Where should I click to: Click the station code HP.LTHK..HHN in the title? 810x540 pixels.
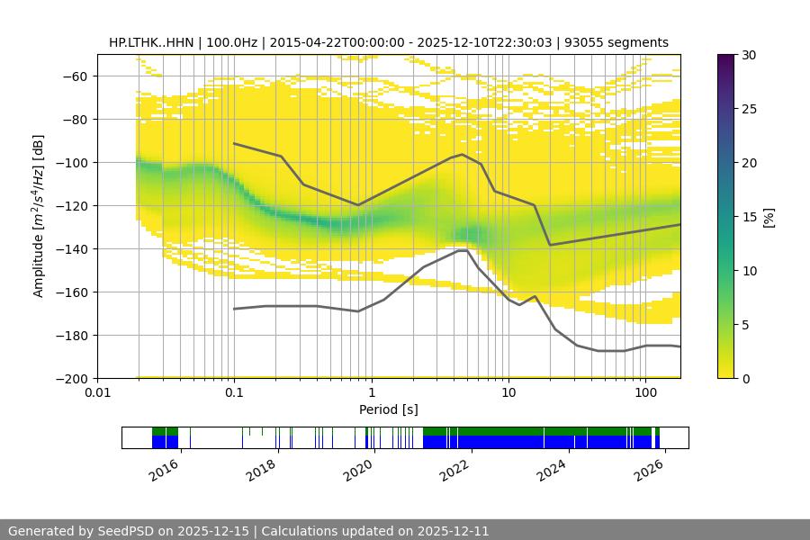155,42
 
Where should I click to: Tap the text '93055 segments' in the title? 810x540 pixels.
623,42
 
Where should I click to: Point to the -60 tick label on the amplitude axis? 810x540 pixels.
73,76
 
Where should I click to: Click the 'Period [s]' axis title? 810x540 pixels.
389,409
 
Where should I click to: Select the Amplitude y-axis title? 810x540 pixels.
39,216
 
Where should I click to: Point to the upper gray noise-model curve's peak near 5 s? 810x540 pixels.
463,154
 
